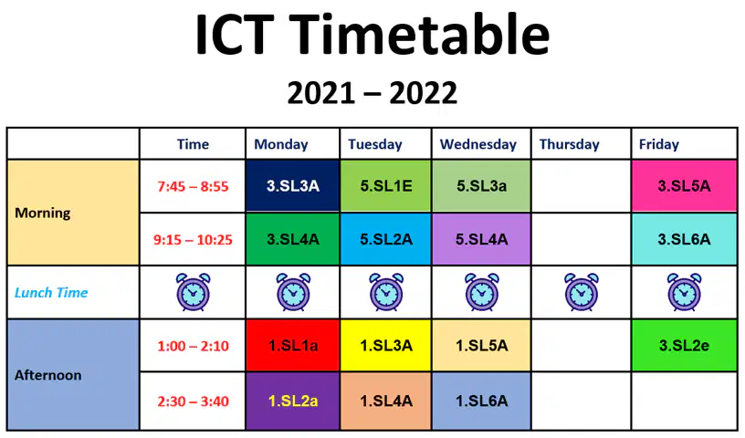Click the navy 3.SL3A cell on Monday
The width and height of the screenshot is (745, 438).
pos(293,186)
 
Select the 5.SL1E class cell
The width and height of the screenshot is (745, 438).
pos(386,186)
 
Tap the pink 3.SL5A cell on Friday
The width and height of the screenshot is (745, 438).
pos(684,186)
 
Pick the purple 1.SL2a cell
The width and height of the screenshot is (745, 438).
pos(293,401)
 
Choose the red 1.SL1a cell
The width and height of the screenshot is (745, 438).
pos(293,345)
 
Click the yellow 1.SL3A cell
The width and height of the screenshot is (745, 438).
pos(386,345)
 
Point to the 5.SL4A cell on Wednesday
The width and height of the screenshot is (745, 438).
pos(481,239)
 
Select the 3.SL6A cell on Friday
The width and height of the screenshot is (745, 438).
pos(684,239)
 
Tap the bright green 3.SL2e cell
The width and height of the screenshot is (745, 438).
pos(684,345)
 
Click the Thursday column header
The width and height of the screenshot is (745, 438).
pos(569,144)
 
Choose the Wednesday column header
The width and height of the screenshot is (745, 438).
pos(478,144)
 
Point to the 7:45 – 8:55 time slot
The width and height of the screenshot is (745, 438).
pos(193,186)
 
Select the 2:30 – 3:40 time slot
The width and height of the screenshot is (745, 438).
pos(193,401)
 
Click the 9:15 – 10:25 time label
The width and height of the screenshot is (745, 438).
pos(193,239)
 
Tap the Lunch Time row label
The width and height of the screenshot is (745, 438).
pos(51,292)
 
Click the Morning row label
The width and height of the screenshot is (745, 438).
pos(42,213)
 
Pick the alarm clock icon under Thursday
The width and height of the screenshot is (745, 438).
pos(581,292)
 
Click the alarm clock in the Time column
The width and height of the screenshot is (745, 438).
pos(193,292)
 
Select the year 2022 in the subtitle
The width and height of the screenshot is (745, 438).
pos(423,93)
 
